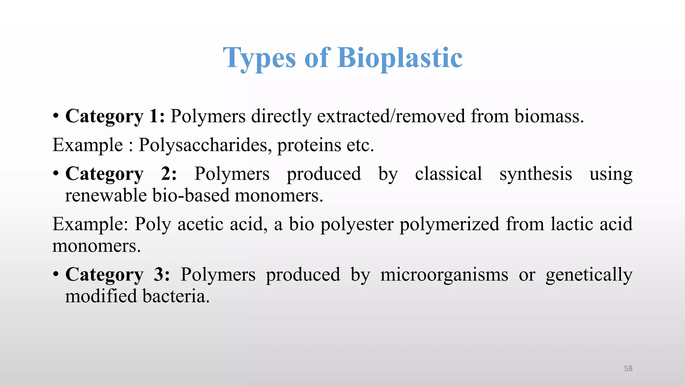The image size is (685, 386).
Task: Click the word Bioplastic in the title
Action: [400, 58]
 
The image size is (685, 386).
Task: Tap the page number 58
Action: [628, 368]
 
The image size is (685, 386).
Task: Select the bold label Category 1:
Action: [115, 116]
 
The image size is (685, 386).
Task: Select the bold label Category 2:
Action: [120, 174]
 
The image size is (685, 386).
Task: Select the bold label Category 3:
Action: [117, 274]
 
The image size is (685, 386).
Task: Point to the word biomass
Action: [549, 116]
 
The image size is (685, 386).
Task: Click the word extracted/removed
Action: [391, 116]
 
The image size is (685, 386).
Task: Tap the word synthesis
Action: [535, 174]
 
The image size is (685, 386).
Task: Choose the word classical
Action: [448, 174]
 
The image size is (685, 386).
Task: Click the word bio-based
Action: [191, 195]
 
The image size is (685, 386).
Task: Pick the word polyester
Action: [357, 224]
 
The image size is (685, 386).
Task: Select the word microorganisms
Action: [444, 274]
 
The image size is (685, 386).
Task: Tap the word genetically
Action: [589, 274]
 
